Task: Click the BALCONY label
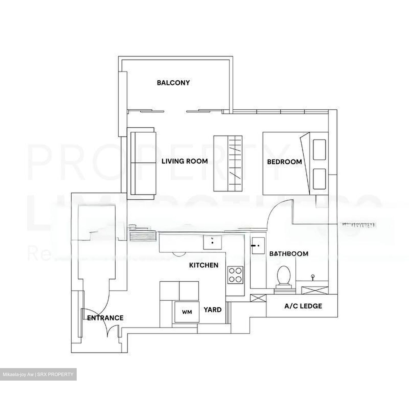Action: click(x=173, y=83)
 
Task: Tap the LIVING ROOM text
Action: click(x=185, y=161)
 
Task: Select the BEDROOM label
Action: click(x=284, y=162)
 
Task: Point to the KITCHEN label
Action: click(x=204, y=265)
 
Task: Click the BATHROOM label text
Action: click(x=289, y=254)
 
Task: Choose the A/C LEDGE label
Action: click(x=303, y=306)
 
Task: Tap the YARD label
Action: click(x=212, y=310)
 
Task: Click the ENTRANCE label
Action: click(x=105, y=318)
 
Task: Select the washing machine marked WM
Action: click(x=187, y=312)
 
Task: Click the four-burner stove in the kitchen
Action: click(x=235, y=275)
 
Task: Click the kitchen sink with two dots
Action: click(x=212, y=242)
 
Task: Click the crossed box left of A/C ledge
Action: click(x=258, y=298)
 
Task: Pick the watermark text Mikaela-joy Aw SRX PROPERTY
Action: click(x=38, y=374)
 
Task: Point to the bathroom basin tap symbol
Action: click(x=313, y=277)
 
